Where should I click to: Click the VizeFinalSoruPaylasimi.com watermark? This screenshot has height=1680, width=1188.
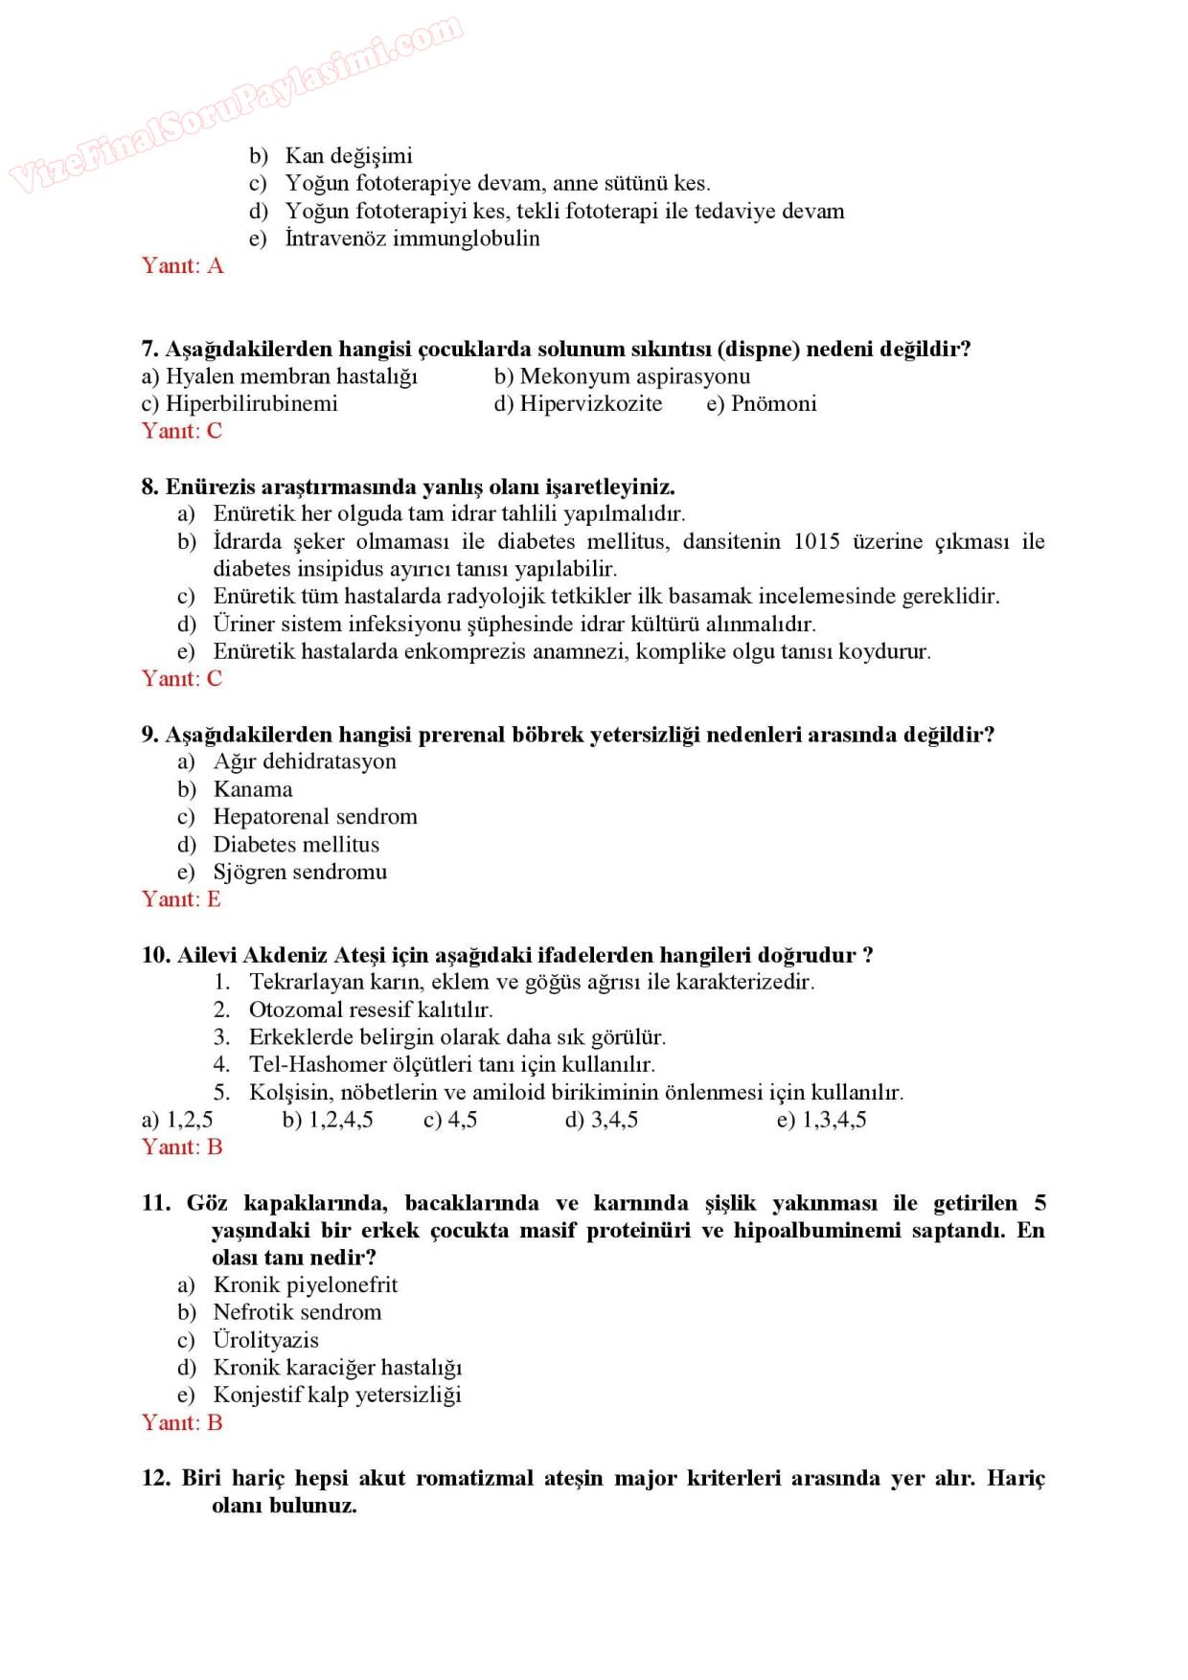235,103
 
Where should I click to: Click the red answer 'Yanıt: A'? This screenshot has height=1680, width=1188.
182,265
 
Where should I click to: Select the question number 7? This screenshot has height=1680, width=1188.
149,349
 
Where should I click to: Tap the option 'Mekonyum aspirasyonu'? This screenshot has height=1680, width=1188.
634,376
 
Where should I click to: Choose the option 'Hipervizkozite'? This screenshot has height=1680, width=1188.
590,403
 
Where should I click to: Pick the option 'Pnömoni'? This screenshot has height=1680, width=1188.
773,403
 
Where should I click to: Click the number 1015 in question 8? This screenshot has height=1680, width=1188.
816,541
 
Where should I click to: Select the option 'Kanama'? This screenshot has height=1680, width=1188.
253,789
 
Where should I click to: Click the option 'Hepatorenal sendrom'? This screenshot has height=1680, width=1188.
315,817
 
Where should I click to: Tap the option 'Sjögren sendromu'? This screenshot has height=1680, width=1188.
300,872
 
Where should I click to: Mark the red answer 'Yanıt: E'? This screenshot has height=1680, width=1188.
181,899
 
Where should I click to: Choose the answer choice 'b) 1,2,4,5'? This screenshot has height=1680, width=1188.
328,1120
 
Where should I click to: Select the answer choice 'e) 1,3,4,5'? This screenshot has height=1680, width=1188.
821,1120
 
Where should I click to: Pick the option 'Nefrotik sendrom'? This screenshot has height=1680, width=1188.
297,1312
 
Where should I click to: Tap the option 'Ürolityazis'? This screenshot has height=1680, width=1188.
265,1340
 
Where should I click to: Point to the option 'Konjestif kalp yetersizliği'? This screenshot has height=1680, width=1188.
337,1395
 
